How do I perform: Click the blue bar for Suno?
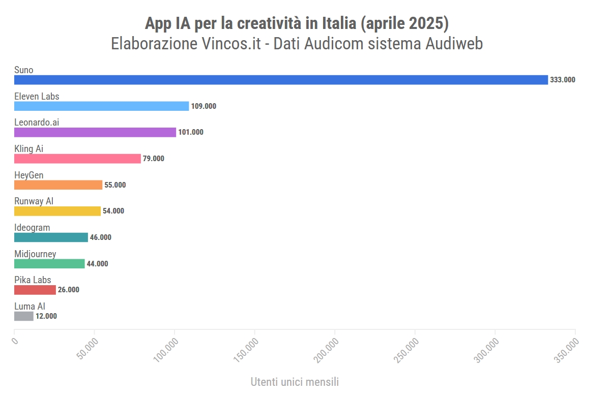coord(281,80)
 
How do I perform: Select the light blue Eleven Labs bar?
coord(101,106)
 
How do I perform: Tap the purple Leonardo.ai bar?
coord(95,132)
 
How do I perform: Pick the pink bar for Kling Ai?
coord(77,159)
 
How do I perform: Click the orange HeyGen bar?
coord(58,185)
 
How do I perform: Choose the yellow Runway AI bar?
coord(57,211)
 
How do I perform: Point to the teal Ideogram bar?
coord(51,237)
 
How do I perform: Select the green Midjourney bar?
coord(49,263)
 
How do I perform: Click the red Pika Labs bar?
coord(35,290)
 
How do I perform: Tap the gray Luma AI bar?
coord(24,316)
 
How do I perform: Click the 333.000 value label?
coord(563,80)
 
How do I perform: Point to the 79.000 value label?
coord(154,159)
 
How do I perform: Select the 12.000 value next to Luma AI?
coord(46,316)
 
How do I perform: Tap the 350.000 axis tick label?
coord(567,350)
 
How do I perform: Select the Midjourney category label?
coord(35,254)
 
